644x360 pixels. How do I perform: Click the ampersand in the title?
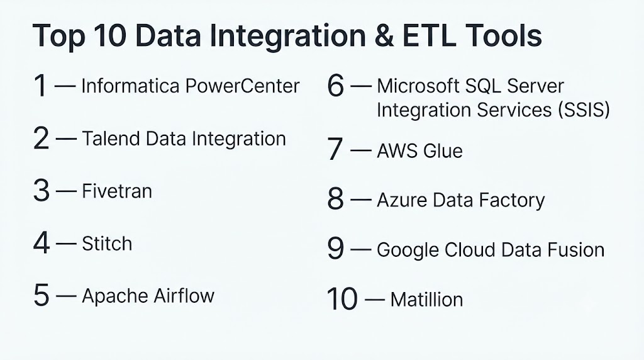point(384,36)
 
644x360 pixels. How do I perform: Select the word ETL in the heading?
point(429,36)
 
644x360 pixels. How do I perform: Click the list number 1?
point(40,86)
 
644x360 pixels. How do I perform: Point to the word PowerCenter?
point(242,86)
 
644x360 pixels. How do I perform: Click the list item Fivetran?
point(117,191)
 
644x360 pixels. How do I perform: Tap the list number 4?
point(42,243)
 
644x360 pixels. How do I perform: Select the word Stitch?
point(107,244)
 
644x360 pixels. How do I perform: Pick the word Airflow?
point(184,296)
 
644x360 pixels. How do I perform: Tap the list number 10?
point(343,299)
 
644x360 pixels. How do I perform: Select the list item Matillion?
point(427,300)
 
